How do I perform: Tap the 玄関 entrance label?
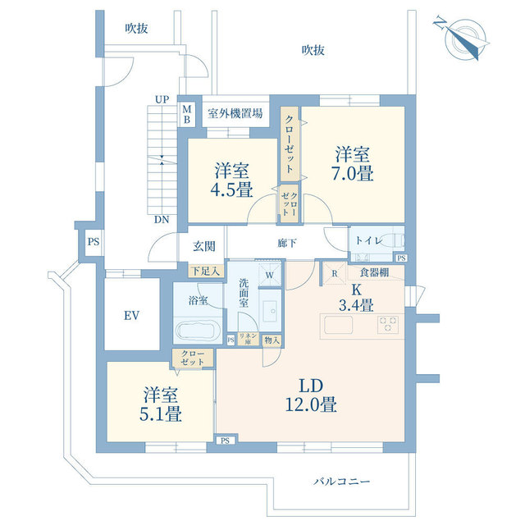click(x=204, y=246)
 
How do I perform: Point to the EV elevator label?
click(x=131, y=315)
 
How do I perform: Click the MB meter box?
click(x=187, y=114)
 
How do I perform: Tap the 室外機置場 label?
click(x=235, y=113)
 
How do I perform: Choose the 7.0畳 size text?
click(x=353, y=173)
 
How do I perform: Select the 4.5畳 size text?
click(x=231, y=189)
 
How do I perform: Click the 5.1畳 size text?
click(x=161, y=414)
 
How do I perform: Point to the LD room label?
click(x=311, y=386)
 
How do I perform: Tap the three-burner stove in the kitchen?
click(x=388, y=325)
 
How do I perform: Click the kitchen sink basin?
click(x=338, y=325)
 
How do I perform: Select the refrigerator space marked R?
click(x=335, y=273)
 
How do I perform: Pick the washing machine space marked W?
click(x=270, y=275)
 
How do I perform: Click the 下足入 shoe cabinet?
click(x=206, y=272)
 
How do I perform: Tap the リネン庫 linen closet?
click(x=248, y=339)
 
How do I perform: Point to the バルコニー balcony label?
click(x=342, y=482)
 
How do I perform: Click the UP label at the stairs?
click(x=162, y=99)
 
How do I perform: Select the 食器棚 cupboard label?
click(x=374, y=272)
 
